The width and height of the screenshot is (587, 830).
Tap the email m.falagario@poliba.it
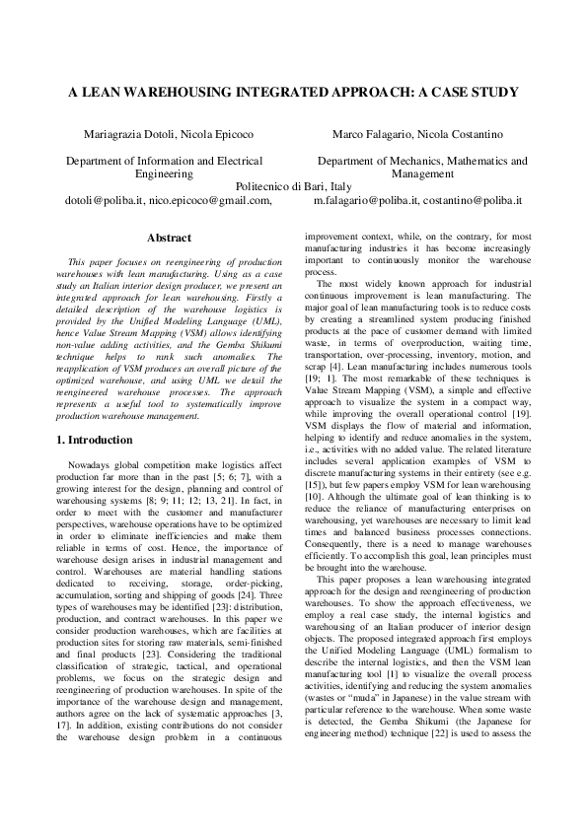pos(365,200)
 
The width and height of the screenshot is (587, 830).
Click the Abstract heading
pos(169,239)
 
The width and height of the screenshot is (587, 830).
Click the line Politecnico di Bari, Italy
pos(294,186)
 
